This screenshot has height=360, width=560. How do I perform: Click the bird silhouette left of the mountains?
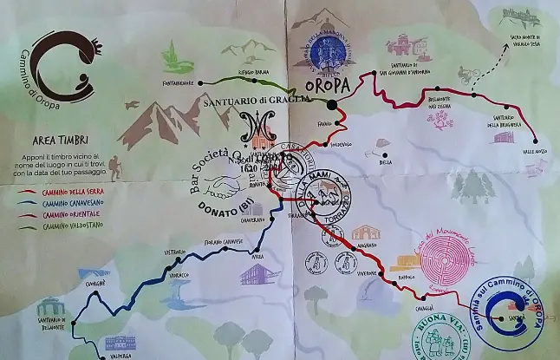click(x=133, y=104)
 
